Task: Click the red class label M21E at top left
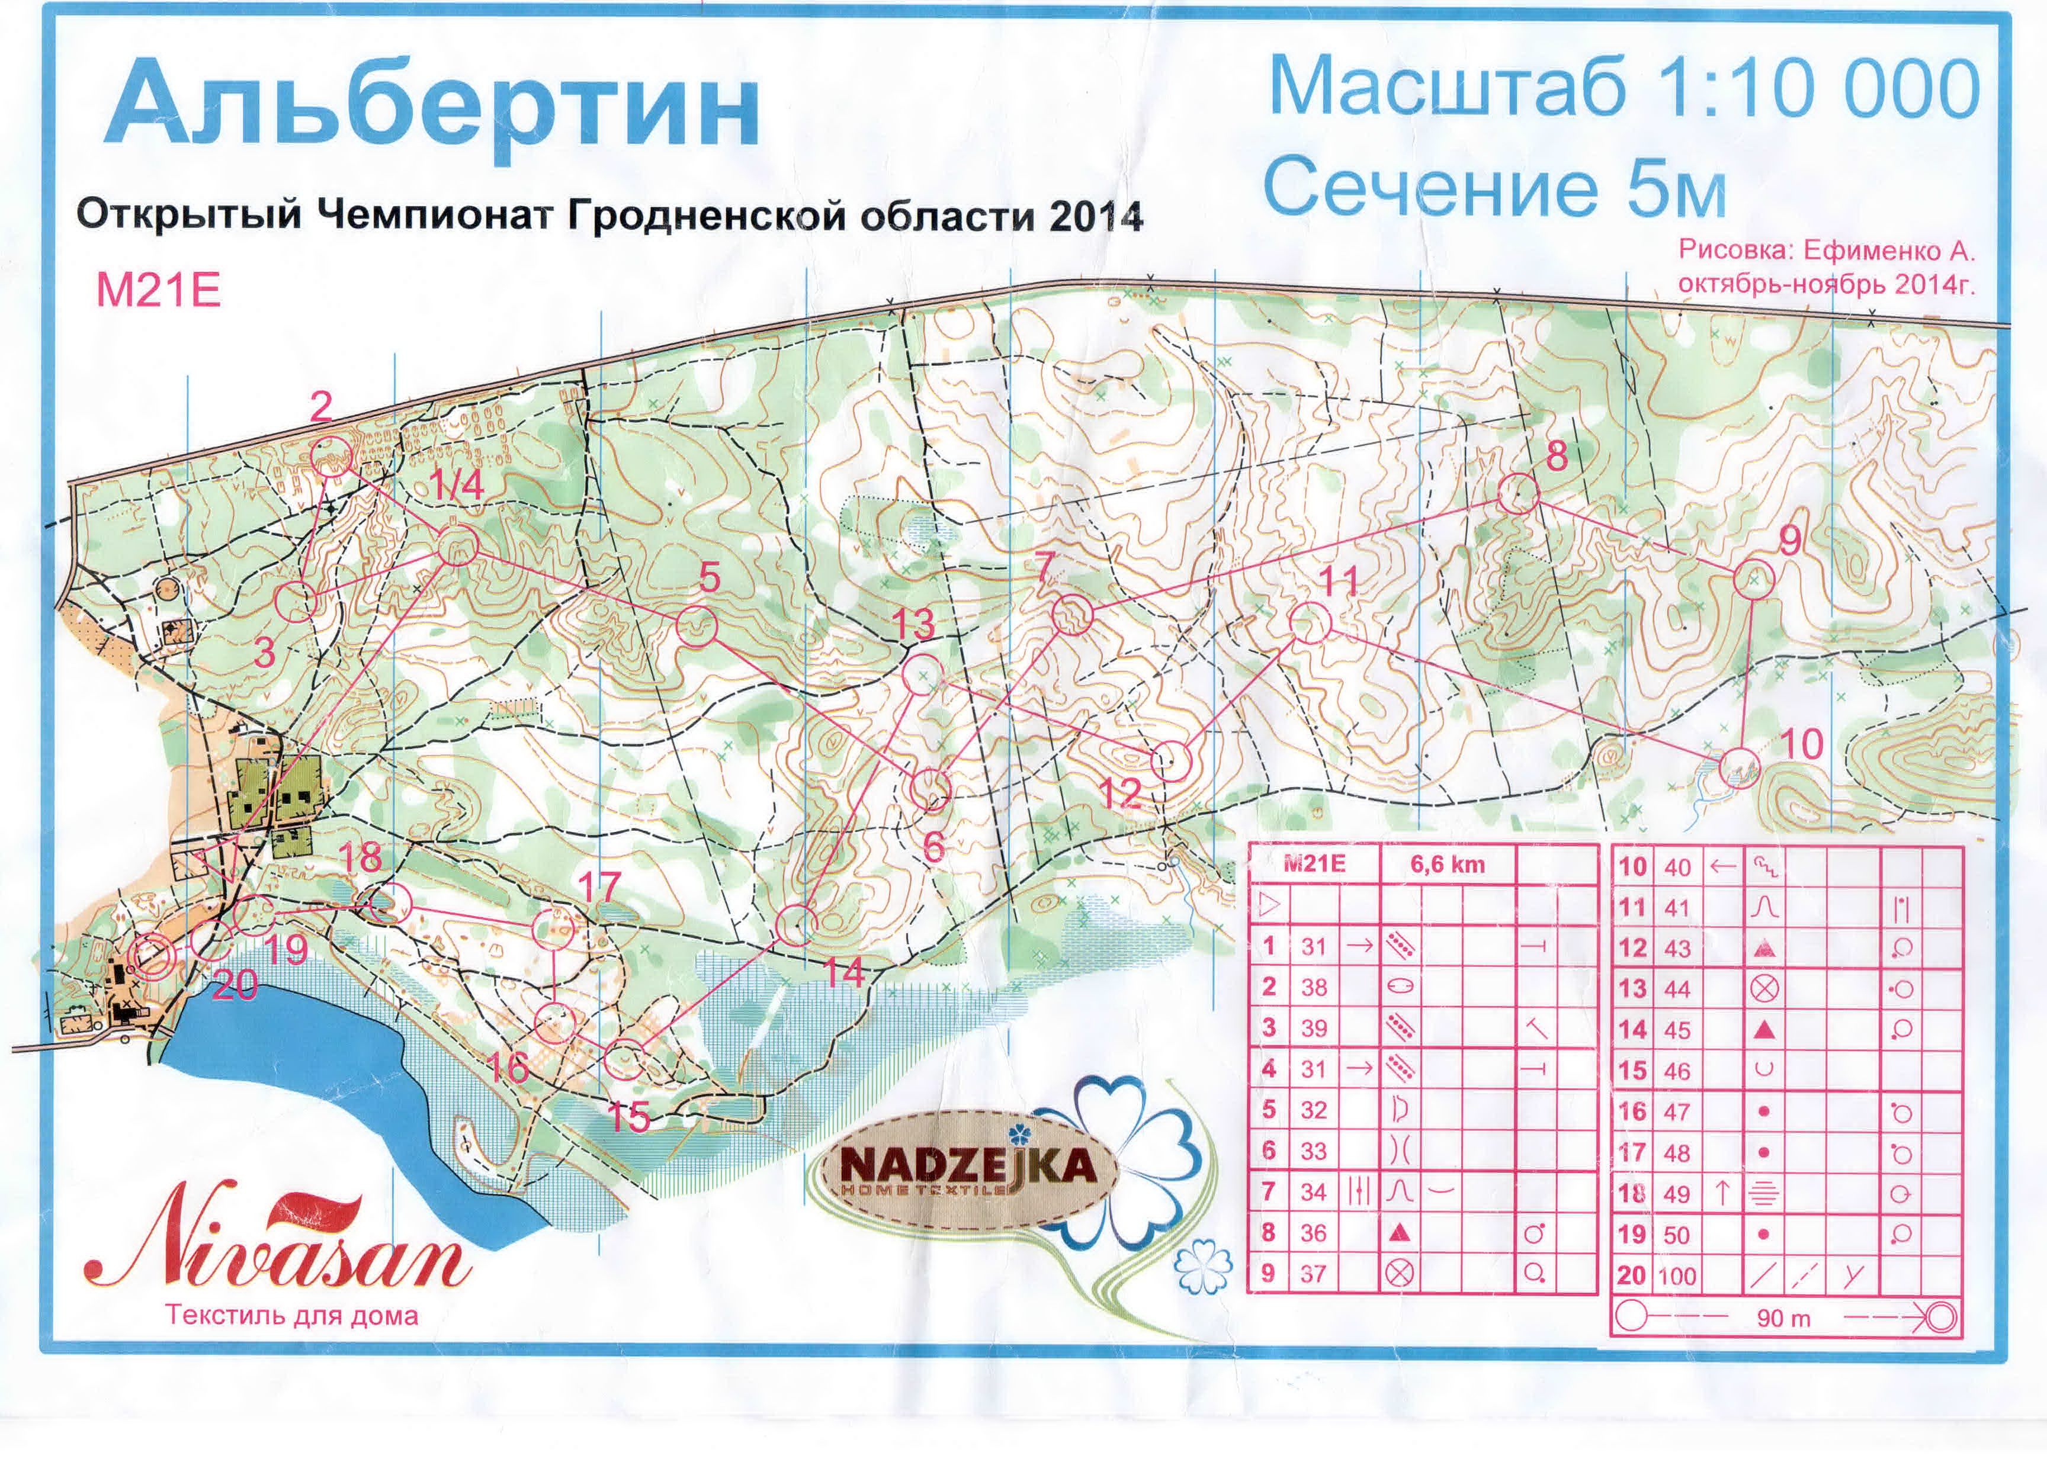[x=158, y=291]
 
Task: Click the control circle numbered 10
[x=1740, y=768]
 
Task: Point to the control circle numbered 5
[x=697, y=626]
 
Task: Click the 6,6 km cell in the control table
[x=1447, y=865]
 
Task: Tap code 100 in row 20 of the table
[x=1677, y=1275]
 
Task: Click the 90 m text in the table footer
[x=1783, y=1319]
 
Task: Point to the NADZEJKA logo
[x=968, y=1168]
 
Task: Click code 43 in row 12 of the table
[x=1677, y=949]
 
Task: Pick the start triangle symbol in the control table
[x=1268, y=905]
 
